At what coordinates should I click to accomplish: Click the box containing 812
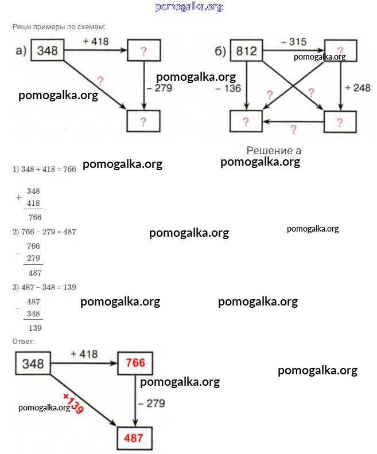point(246,51)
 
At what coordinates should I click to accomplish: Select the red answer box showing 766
point(136,363)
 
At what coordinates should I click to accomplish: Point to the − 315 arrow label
point(293,42)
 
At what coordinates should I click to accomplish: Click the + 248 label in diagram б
point(357,88)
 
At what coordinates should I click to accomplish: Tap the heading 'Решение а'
point(274,150)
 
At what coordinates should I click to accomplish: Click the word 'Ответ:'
point(24,342)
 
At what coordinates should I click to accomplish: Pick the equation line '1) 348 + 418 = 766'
point(44,169)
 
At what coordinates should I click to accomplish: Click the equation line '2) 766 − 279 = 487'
point(44,232)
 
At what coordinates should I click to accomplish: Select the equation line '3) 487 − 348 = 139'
point(44,287)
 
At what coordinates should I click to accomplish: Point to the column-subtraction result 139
point(35,328)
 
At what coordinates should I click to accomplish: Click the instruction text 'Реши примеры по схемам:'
point(59,27)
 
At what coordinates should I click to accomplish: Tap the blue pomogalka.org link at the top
point(189,7)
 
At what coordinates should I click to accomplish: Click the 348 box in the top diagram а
point(47,50)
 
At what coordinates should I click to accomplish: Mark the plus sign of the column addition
point(19,197)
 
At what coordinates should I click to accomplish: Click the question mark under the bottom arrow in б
point(293,129)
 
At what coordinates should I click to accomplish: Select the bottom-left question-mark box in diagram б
point(246,122)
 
